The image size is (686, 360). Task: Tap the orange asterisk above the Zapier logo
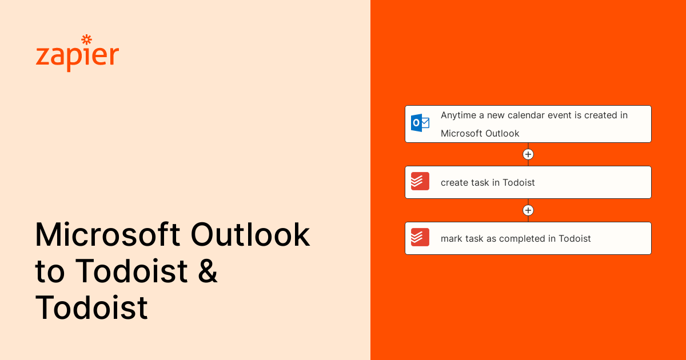click(x=86, y=39)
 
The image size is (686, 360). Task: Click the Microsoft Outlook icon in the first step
click(x=420, y=123)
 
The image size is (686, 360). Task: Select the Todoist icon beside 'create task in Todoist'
click(x=420, y=182)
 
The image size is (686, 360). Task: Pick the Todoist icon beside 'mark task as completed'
click(x=420, y=238)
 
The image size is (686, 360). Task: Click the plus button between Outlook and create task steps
click(x=528, y=154)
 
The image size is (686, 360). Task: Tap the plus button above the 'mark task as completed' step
click(x=528, y=210)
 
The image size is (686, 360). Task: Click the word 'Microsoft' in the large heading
click(x=107, y=235)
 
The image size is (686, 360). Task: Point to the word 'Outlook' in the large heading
click(x=250, y=235)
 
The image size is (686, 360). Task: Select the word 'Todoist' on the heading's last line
click(x=91, y=307)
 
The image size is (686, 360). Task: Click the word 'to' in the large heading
click(x=50, y=271)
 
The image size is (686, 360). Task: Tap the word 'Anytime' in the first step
click(x=458, y=115)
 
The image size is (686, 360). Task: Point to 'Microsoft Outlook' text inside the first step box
click(x=480, y=134)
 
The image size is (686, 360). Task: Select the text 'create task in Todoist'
click(x=488, y=183)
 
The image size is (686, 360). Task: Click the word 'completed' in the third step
click(x=522, y=239)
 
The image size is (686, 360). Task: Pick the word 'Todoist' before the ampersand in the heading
click(x=131, y=271)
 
